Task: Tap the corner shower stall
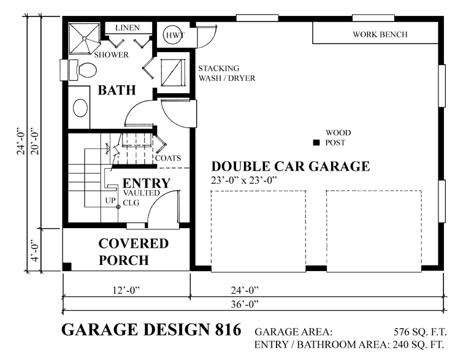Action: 84,38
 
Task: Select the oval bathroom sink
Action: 80,107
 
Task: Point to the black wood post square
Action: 316,143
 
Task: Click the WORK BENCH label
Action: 380,34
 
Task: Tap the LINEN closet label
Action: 127,28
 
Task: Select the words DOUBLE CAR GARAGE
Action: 291,166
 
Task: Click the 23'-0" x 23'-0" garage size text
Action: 243,180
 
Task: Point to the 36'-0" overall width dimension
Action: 245,304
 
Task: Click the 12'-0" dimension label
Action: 126,290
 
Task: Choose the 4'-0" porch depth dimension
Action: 35,250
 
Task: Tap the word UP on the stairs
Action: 110,201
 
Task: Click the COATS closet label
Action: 168,158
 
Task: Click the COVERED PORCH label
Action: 134,252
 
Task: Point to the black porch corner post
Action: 67,267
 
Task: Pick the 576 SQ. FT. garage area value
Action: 420,331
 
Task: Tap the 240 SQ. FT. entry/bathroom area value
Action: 418,345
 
